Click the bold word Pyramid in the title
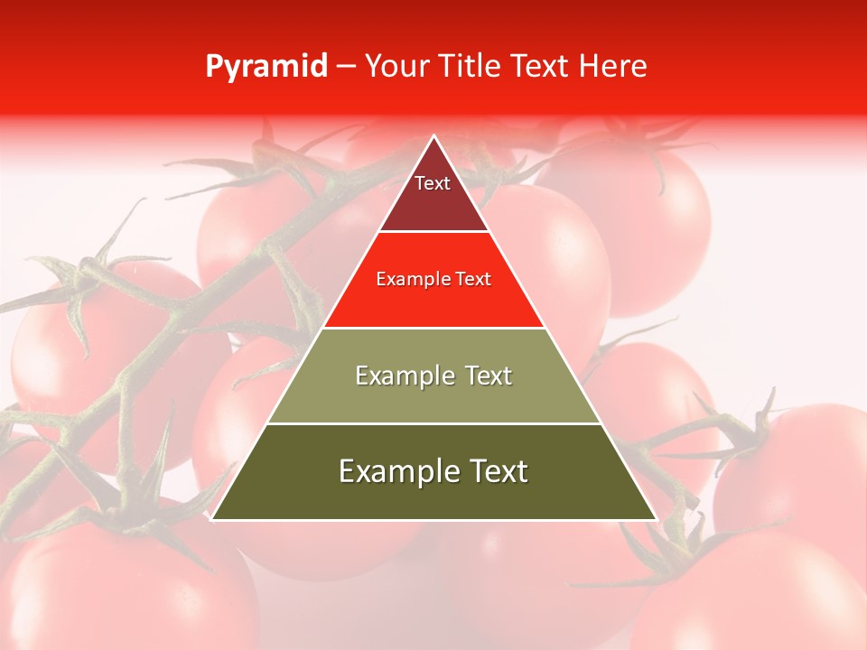click(266, 67)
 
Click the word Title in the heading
click(471, 67)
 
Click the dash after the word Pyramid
click(345, 67)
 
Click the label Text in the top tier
click(433, 183)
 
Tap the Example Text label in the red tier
click(433, 279)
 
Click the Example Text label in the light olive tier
click(433, 376)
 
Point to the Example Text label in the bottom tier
click(433, 471)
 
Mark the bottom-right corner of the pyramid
click(656, 519)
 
